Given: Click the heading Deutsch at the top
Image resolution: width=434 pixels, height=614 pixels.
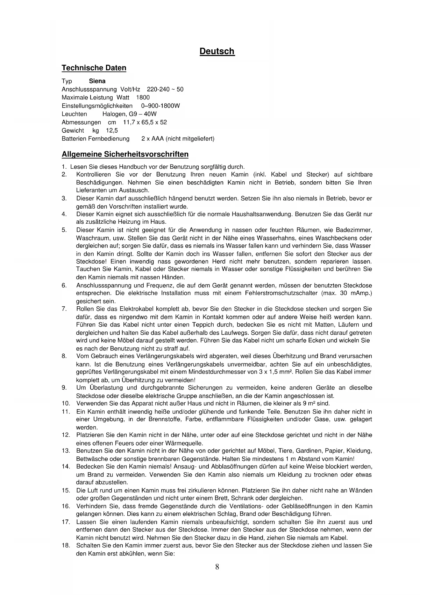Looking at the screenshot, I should point(217,51).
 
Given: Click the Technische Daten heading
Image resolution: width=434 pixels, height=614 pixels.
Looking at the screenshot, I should point(94,68).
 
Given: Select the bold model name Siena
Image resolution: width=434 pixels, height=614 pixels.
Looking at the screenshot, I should point(97,81).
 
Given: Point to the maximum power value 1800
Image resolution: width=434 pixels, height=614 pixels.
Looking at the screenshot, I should point(143,98).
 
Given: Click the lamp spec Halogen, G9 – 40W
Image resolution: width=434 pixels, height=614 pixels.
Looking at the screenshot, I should point(129,114).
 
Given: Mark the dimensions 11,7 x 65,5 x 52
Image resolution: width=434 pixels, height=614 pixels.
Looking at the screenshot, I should point(145,122).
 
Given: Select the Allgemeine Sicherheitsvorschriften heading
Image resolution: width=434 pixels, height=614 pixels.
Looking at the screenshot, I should point(125,154).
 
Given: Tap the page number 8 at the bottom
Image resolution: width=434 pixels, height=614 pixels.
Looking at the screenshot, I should point(217,567).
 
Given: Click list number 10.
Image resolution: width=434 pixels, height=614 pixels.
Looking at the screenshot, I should point(65,404).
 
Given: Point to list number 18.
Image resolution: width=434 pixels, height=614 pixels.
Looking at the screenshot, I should point(65,545).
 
